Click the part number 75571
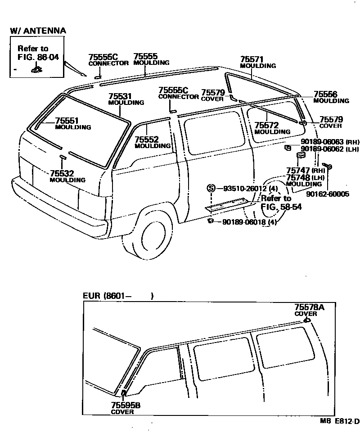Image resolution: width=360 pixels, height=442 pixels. [x=252, y=59]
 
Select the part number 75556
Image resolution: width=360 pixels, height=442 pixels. [x=325, y=94]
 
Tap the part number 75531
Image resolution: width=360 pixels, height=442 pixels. [x=120, y=96]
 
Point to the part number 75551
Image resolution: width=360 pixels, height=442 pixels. [x=67, y=121]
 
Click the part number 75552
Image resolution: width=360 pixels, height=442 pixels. [x=146, y=140]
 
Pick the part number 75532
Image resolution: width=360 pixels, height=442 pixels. [x=62, y=173]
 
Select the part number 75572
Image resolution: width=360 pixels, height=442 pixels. [x=266, y=125]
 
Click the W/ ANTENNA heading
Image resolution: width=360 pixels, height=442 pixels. [x=38, y=31]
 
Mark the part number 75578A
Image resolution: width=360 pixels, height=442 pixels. [x=309, y=307]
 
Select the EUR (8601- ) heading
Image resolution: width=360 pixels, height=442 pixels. [x=118, y=296]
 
